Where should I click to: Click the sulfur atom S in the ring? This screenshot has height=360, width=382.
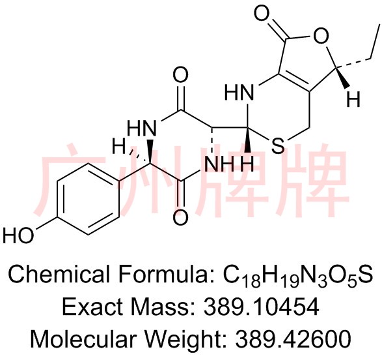click(x=278, y=145)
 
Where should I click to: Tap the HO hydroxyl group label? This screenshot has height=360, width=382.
click(x=18, y=235)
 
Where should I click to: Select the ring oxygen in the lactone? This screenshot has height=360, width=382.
click(x=321, y=36)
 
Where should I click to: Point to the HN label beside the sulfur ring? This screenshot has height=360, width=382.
click(x=239, y=93)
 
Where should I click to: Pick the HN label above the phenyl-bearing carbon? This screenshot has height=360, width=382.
click(x=142, y=128)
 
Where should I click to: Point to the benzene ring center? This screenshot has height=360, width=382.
click(x=89, y=198)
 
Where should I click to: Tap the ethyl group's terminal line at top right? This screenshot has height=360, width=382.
click(x=375, y=42)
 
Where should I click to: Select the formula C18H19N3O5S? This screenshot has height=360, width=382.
click(x=297, y=276)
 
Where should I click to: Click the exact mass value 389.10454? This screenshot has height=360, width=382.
click(x=262, y=307)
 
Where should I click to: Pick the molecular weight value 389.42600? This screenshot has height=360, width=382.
click(x=293, y=338)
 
